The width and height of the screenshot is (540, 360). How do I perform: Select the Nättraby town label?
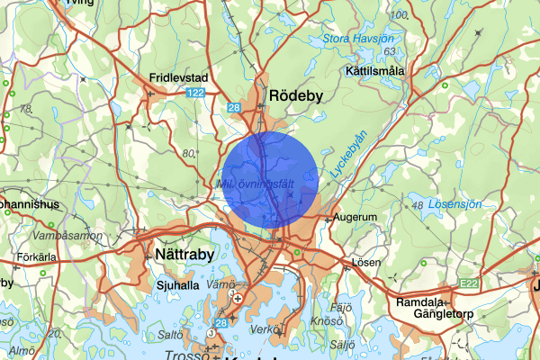point(182,255)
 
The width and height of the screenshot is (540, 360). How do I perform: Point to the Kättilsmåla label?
point(376,70)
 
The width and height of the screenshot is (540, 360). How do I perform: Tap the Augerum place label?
point(354,218)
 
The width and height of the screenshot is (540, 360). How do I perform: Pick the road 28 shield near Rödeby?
point(234,108)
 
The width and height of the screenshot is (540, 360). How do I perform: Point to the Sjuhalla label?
point(176,285)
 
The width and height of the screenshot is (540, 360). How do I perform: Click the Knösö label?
point(322,320)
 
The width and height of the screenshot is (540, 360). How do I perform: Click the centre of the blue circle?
point(270,180)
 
